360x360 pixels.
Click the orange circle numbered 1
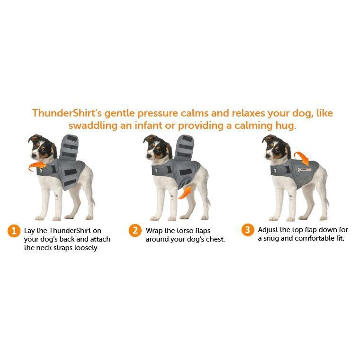(x=14, y=231)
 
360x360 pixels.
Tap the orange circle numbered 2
(x=135, y=231)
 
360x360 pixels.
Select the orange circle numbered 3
(x=247, y=230)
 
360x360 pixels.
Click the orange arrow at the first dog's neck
(x=34, y=166)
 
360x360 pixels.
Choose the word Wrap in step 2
(x=154, y=231)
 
